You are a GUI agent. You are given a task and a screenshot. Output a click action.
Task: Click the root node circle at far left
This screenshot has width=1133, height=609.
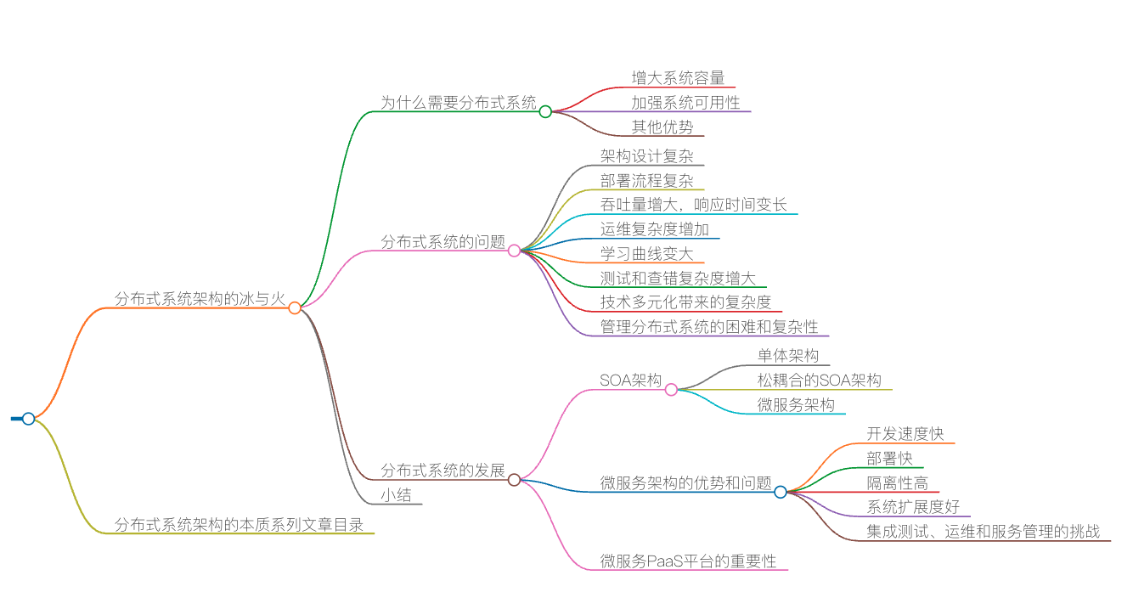coord(28,419)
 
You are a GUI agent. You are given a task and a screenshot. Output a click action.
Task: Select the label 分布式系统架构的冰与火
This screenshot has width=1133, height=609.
coord(199,298)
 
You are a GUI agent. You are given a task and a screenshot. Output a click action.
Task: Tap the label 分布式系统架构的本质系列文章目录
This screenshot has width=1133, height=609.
coord(240,525)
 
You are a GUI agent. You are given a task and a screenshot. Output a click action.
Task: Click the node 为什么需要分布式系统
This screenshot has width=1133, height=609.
coord(459,103)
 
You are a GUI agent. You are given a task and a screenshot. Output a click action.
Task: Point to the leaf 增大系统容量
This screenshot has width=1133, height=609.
coord(678,78)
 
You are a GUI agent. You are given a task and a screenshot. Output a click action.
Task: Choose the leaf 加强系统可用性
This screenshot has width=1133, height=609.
coord(685,103)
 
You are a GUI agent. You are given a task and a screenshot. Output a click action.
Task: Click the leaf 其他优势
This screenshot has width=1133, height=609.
coord(662,127)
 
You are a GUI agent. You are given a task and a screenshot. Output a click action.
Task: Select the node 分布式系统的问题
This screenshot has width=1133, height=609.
coord(442,242)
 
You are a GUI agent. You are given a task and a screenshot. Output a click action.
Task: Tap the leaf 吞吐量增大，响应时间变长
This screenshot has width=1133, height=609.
coord(693,205)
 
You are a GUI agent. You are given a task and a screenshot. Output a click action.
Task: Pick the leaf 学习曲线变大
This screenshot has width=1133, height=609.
coord(646,254)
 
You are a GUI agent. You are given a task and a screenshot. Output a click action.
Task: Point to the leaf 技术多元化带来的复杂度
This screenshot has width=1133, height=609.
coord(685,302)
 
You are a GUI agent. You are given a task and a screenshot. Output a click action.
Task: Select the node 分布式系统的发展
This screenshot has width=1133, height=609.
coord(442,471)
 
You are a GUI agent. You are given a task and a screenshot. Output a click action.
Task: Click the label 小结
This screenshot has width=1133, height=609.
coord(396,495)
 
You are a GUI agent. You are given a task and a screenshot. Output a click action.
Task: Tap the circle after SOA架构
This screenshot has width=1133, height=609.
coord(671,390)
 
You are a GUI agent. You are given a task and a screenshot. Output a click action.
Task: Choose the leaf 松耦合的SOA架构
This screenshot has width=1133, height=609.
coord(819,381)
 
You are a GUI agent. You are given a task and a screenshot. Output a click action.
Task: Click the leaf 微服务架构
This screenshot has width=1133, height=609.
coord(796,405)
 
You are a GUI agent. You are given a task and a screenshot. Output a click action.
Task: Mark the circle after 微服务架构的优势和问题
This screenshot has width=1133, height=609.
coord(781,492)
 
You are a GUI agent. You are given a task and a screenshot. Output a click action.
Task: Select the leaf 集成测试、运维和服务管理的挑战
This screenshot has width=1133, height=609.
coord(983,532)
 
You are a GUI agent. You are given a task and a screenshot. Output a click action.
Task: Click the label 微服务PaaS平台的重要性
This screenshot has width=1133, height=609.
coord(688,561)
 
